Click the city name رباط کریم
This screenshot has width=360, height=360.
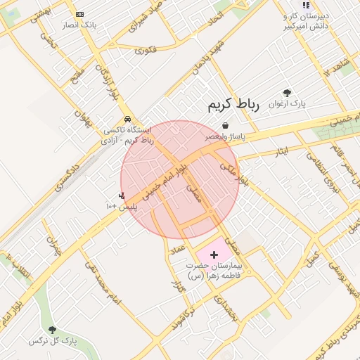(x=233, y=105)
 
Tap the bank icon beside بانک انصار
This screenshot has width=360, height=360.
(x=79, y=14)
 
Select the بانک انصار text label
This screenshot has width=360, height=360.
(x=79, y=25)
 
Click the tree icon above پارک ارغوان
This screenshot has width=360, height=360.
(x=287, y=93)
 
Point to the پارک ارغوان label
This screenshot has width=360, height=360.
(x=287, y=104)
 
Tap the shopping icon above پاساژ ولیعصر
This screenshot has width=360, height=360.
(x=225, y=125)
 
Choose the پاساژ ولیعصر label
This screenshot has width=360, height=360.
(x=225, y=136)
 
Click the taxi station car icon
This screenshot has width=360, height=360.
(x=127, y=119)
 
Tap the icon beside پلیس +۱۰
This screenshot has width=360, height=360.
(x=122, y=195)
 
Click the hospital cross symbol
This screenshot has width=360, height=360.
(x=214, y=253)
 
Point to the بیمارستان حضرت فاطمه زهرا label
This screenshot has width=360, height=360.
(x=213, y=271)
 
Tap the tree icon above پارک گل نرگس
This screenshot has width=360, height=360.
(x=52, y=329)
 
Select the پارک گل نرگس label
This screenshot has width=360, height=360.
(x=52, y=340)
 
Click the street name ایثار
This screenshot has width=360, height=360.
(x=282, y=152)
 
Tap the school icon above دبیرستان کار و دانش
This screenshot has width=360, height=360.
(x=306, y=5)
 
